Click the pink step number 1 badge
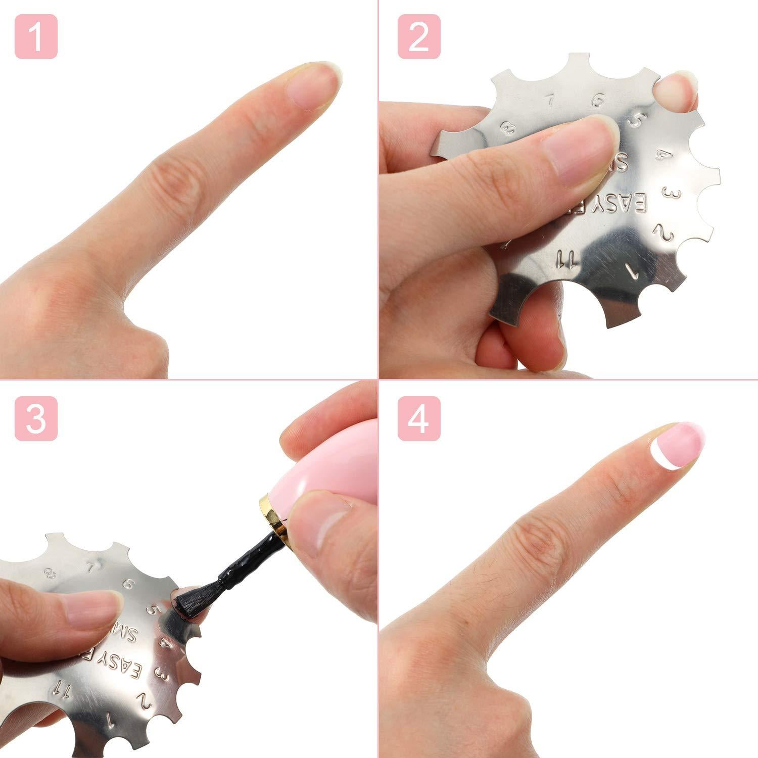pyautogui.click(x=36, y=36)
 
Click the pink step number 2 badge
pyautogui.click(x=418, y=36)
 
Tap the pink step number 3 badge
pyautogui.click(x=36, y=418)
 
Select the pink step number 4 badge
pyautogui.click(x=418, y=418)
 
